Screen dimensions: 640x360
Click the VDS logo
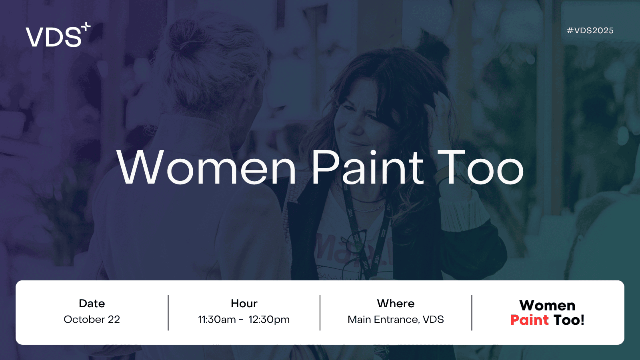pyautogui.click(x=58, y=35)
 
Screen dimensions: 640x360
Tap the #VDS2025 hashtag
pyautogui.click(x=590, y=30)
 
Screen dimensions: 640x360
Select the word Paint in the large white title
pyautogui.click(x=368, y=168)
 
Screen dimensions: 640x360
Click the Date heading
pyautogui.click(x=92, y=304)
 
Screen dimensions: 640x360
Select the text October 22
pyautogui.click(x=92, y=320)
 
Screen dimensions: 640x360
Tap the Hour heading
pyautogui.click(x=244, y=304)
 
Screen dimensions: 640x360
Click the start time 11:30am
pyautogui.click(x=217, y=320)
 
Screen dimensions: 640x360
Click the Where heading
pyautogui.click(x=396, y=304)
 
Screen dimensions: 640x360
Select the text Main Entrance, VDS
pyautogui.click(x=396, y=320)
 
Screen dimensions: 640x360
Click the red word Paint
pyautogui.click(x=530, y=320)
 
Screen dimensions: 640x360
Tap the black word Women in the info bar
pyautogui.click(x=547, y=306)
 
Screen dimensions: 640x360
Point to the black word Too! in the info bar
pyautogui.click(x=569, y=320)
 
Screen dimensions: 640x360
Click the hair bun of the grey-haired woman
pyautogui.click(x=185, y=37)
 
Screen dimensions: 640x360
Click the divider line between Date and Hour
pyautogui.click(x=168, y=313)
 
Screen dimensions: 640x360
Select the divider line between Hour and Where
pyautogui.click(x=320, y=313)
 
